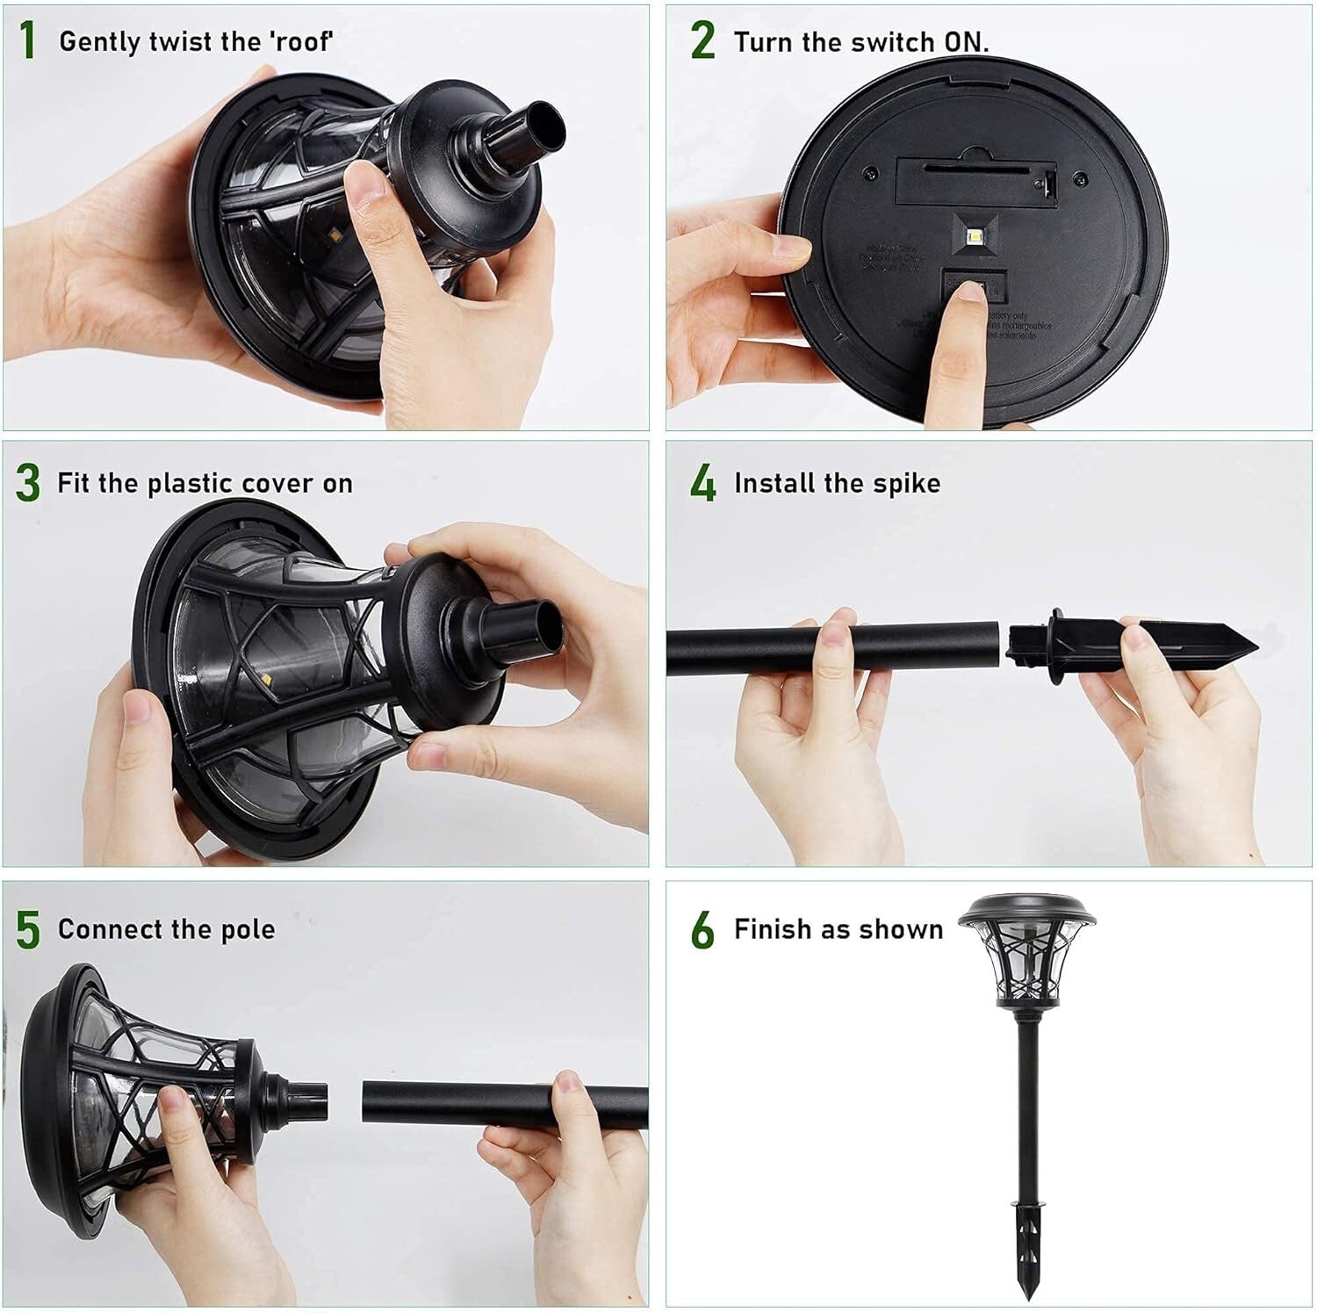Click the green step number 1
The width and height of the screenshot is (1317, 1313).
click(x=27, y=41)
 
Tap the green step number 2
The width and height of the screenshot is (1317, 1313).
click(x=702, y=41)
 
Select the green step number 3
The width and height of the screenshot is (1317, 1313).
click(x=28, y=483)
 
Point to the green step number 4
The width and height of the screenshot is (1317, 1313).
click(x=702, y=483)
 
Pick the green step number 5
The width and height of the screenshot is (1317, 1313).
click(x=28, y=930)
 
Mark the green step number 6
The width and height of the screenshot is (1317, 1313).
click(x=702, y=930)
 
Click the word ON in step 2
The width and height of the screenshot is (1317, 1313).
click(x=965, y=41)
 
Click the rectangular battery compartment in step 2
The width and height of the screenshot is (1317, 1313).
click(x=975, y=178)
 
